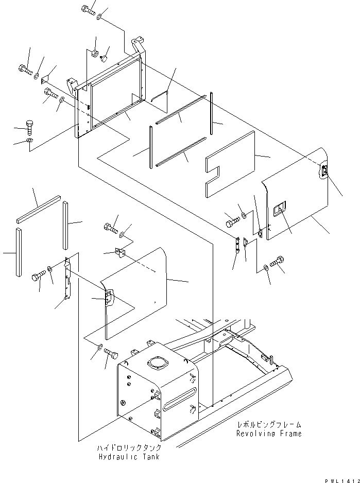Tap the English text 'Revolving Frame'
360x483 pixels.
coord(269,434)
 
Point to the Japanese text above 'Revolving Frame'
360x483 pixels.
coord(269,425)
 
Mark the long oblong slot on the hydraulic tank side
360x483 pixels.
coord(178,400)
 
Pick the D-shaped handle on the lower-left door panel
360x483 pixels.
coord(108,298)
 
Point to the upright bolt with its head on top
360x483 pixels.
coord(29,126)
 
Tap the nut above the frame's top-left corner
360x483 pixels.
coord(95,53)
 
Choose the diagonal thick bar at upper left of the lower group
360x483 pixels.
coord(39,210)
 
